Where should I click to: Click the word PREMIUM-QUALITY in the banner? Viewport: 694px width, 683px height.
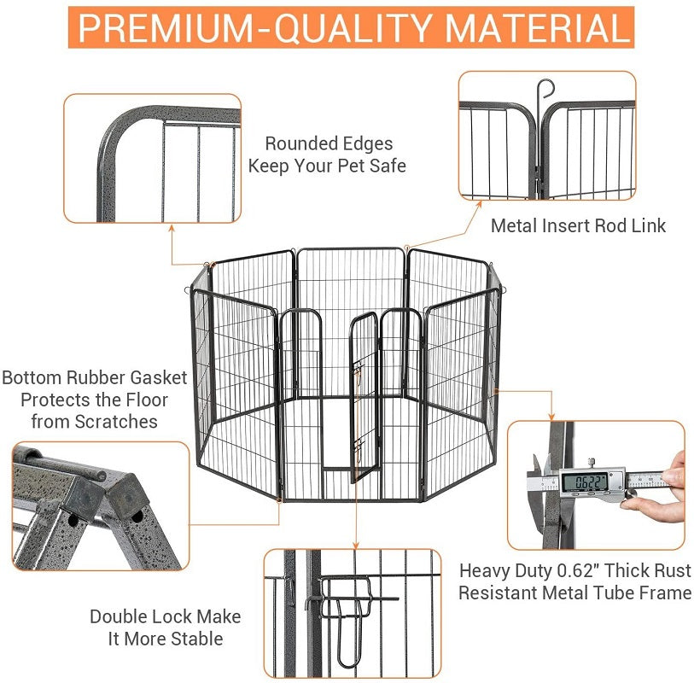pos(256,27)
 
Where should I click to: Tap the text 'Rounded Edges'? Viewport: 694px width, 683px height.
pos(329,143)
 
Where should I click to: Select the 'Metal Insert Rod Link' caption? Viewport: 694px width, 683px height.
pos(578,225)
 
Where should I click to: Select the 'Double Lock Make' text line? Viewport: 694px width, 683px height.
pos(166,616)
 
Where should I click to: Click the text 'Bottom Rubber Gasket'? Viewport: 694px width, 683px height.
pos(96,378)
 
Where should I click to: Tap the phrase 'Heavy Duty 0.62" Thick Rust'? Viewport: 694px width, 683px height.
pos(575,570)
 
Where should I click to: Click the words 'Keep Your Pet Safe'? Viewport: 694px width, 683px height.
pos(328,166)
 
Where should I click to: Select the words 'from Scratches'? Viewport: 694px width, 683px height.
pos(95,422)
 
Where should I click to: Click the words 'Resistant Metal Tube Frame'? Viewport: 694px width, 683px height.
pos(575,593)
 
